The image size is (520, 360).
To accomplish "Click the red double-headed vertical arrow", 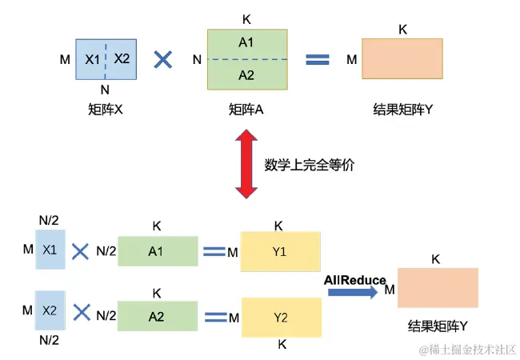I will [246, 165].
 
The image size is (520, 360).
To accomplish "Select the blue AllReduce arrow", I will [351, 292].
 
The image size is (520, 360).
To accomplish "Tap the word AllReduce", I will [354, 279].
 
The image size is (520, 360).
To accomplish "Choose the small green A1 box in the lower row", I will [157, 251].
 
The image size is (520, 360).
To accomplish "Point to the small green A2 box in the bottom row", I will [157, 315].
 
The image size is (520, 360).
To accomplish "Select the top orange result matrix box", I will [402, 59].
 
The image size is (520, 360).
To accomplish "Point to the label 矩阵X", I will [106, 109].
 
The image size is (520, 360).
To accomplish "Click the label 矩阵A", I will [246, 109].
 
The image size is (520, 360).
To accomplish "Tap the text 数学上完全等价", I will [309, 166].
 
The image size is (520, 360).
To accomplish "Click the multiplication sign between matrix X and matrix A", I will [163, 59].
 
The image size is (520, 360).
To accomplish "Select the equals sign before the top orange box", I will [318, 59].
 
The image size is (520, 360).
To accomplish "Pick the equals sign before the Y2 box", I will [214, 315].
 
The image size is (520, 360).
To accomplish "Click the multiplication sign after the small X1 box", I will [80, 251].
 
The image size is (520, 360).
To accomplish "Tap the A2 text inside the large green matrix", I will [246, 75].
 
